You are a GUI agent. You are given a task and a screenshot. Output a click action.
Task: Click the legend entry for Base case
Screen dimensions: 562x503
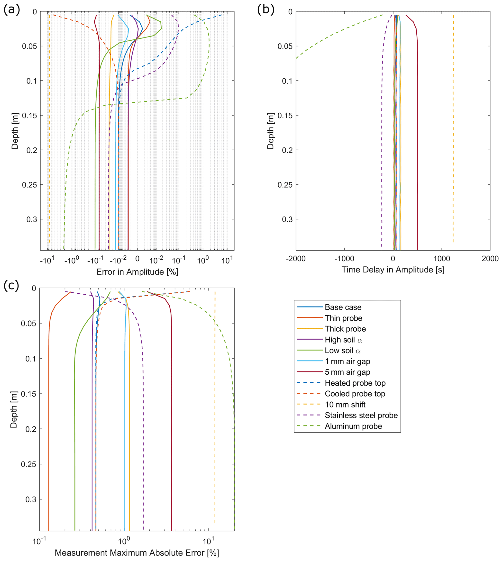(343, 307)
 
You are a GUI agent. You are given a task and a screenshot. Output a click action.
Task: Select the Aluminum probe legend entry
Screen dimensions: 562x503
(353, 426)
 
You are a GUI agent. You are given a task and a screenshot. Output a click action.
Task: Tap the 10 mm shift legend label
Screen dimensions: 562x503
(345, 405)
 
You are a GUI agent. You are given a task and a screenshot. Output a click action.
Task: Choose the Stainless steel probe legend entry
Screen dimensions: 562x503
(361, 415)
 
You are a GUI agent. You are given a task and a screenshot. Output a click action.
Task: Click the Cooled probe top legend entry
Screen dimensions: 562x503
(355, 394)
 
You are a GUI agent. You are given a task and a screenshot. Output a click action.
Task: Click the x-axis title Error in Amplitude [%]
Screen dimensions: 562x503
(137, 272)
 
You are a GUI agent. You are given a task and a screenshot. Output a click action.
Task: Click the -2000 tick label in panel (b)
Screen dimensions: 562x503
(295, 259)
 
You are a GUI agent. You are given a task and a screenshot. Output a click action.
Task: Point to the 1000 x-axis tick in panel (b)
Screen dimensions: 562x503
(441, 259)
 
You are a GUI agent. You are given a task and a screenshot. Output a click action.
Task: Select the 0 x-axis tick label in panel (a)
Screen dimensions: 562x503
(137, 259)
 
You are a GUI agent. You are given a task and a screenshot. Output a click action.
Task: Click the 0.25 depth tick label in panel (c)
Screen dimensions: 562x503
(28, 464)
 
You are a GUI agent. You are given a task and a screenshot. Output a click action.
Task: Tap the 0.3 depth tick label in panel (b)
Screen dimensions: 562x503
(287, 219)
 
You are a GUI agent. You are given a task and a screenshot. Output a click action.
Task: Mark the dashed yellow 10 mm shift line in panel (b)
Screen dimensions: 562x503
(453, 138)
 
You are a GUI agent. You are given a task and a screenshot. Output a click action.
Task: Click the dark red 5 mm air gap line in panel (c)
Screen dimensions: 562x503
(171, 415)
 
